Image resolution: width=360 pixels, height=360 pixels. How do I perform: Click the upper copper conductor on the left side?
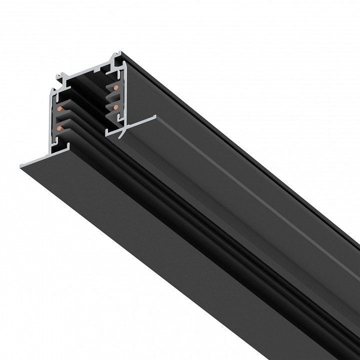pos(60,108)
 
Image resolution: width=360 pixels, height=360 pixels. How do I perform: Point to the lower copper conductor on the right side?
pos(115,107)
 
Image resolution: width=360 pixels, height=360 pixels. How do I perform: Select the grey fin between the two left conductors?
pos(67,117)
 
